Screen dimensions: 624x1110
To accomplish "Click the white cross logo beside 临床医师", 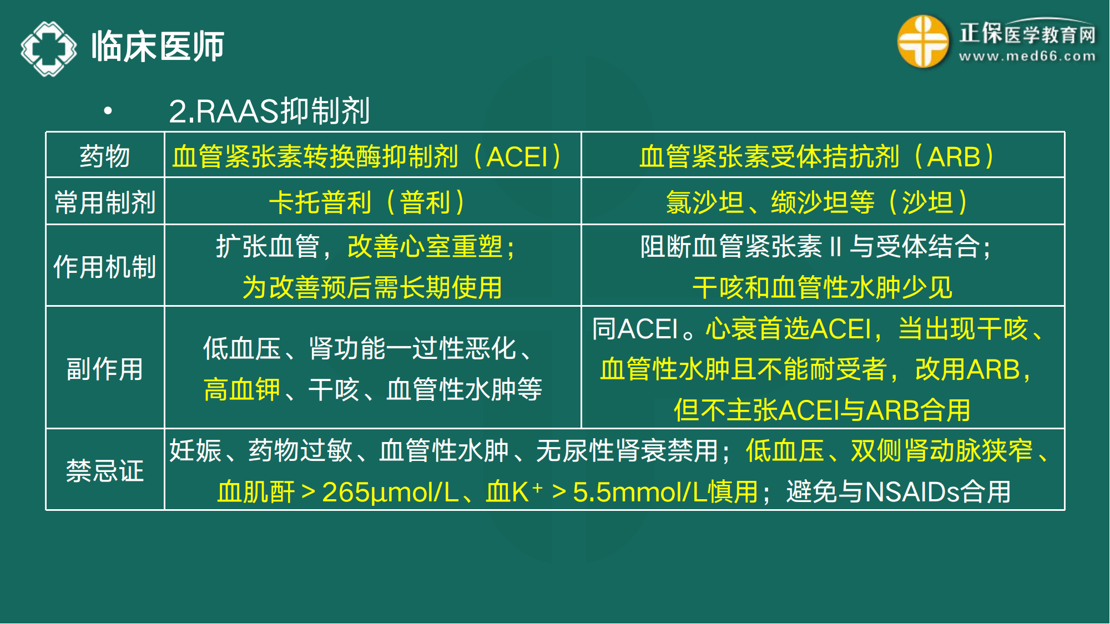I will point(49,48).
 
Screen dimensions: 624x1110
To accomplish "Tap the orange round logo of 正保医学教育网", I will point(922,42).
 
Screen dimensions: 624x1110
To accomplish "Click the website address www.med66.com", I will point(1027,56).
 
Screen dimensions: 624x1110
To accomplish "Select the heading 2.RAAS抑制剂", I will point(269,111).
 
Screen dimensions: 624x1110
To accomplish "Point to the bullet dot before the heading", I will point(108,111).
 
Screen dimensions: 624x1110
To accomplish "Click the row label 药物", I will point(105,156).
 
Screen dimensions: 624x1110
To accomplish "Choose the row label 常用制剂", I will point(105,202).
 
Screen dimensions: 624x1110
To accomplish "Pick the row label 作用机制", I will point(105,267).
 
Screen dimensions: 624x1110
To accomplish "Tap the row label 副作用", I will point(105,369).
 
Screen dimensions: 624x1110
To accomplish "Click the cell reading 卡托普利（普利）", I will point(367,202).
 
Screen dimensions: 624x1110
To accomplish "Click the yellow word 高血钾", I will point(242,389).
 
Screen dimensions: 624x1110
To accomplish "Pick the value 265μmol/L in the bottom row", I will point(390,492).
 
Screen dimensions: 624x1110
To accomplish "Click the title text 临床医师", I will point(158,47).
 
